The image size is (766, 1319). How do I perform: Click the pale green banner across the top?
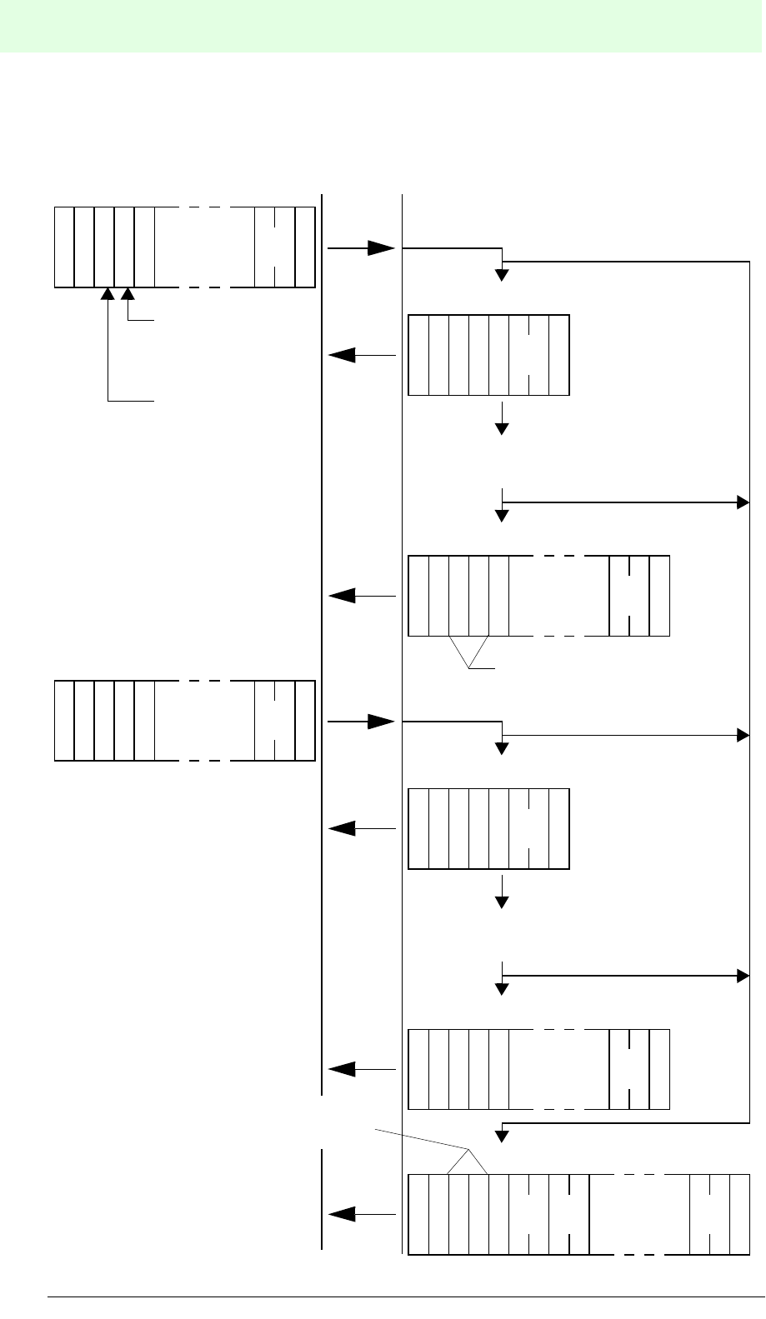(383, 27)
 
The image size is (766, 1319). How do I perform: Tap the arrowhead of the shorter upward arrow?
(128, 294)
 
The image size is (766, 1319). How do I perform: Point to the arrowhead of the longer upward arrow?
(108, 294)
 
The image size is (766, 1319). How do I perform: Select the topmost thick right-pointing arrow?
(361, 247)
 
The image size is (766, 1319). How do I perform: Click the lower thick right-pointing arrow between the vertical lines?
(361, 722)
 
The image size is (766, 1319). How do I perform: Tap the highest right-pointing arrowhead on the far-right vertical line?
(742, 502)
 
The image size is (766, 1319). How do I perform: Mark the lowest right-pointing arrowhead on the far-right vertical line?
(742, 974)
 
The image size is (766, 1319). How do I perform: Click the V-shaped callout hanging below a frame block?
(468, 652)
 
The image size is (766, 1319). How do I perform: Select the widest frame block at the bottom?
(579, 1214)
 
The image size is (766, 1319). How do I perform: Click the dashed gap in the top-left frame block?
(204, 247)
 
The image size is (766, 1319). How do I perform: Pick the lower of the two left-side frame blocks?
(184, 721)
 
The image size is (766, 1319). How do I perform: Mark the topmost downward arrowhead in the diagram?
(502, 275)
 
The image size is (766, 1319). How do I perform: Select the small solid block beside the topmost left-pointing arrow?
(488, 355)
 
